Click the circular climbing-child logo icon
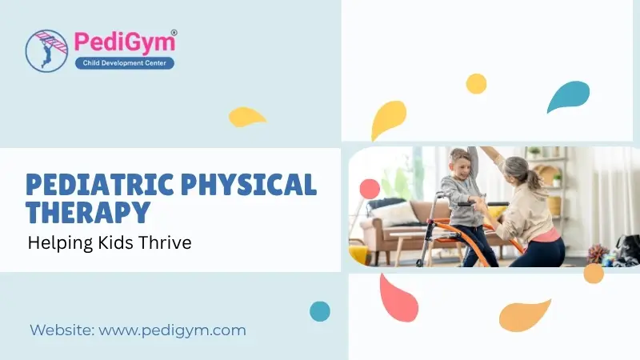[46, 50]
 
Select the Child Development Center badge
[124, 62]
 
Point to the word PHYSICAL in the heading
[253, 185]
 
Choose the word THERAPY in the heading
[88, 212]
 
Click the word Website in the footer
[62, 330]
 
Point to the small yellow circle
[476, 83]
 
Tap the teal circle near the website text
[320, 311]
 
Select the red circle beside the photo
[369, 189]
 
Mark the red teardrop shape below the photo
[397, 298]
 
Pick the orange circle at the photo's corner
[593, 274]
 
